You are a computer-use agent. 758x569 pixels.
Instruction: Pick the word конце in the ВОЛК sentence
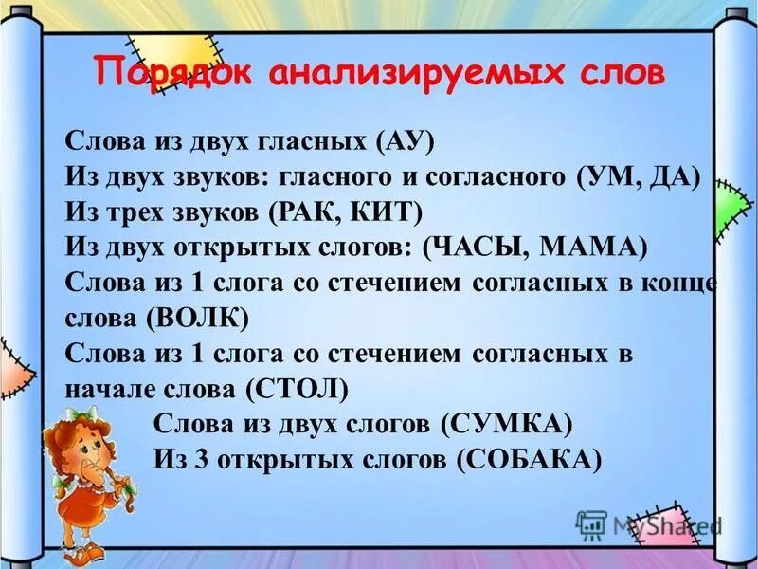click(680, 283)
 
